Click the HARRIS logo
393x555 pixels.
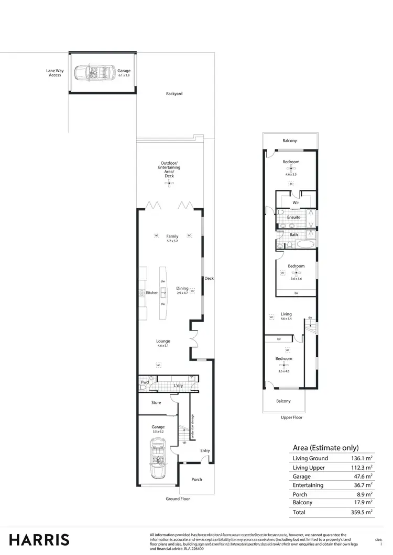[x=39, y=539]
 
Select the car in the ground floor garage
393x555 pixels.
[x=157, y=458]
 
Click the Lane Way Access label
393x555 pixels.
[x=55, y=73]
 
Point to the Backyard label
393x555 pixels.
[x=174, y=94]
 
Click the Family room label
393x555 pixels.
[x=172, y=236]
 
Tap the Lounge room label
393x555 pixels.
[x=163, y=341]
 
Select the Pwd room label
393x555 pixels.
[x=145, y=382]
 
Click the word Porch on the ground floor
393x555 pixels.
[x=196, y=479]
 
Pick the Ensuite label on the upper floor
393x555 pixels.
[x=293, y=217]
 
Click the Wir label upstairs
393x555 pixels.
[x=296, y=202]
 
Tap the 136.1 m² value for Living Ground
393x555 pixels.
[x=361, y=458]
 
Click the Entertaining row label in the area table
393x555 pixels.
[x=308, y=485]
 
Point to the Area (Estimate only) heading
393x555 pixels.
[x=325, y=447]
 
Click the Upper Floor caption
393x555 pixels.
[x=292, y=417]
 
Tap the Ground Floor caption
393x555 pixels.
[x=178, y=499]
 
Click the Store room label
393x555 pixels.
[x=156, y=402]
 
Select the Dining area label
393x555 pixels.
[x=182, y=288]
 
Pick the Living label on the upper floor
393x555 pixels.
[x=286, y=314]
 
